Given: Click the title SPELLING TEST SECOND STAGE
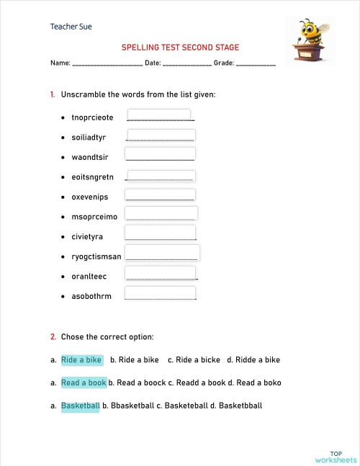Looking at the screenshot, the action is [180, 48].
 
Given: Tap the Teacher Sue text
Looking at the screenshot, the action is [71, 27].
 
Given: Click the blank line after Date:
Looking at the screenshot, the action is [186, 64].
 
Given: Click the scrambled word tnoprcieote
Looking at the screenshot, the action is [92, 117].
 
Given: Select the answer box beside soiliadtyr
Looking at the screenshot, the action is [161, 136].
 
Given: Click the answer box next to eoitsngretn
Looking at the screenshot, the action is [161, 176].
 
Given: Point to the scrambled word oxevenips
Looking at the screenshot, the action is [89, 196].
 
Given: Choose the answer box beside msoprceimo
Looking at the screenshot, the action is [161, 214].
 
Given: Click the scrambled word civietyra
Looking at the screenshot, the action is [87, 236].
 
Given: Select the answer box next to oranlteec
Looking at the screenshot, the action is [161, 274].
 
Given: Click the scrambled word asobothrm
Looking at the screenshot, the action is [91, 296].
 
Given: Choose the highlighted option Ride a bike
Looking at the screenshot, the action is [81, 359].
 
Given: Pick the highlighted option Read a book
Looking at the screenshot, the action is [84, 382].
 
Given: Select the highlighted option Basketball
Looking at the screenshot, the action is [80, 405].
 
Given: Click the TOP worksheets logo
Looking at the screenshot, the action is [336, 456].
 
